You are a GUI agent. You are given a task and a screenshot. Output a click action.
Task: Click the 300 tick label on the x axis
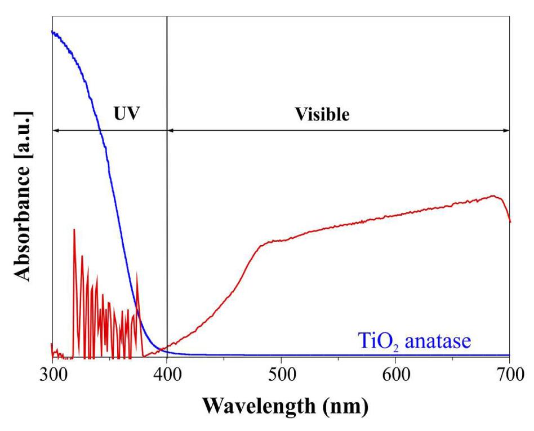click(52, 373)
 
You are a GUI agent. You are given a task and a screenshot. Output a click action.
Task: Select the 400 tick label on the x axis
click(167, 373)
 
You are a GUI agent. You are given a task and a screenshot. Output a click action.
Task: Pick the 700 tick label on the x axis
click(509, 373)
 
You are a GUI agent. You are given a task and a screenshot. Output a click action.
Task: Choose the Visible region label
click(322, 114)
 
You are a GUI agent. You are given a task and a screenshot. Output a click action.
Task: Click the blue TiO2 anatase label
click(414, 341)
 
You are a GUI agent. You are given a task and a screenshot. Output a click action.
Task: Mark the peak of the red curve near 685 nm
click(494, 195)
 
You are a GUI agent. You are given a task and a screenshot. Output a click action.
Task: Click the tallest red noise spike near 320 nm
click(74, 229)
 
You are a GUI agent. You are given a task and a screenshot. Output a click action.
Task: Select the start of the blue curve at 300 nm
click(52, 32)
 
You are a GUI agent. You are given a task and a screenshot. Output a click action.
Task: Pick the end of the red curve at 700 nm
click(510, 221)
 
